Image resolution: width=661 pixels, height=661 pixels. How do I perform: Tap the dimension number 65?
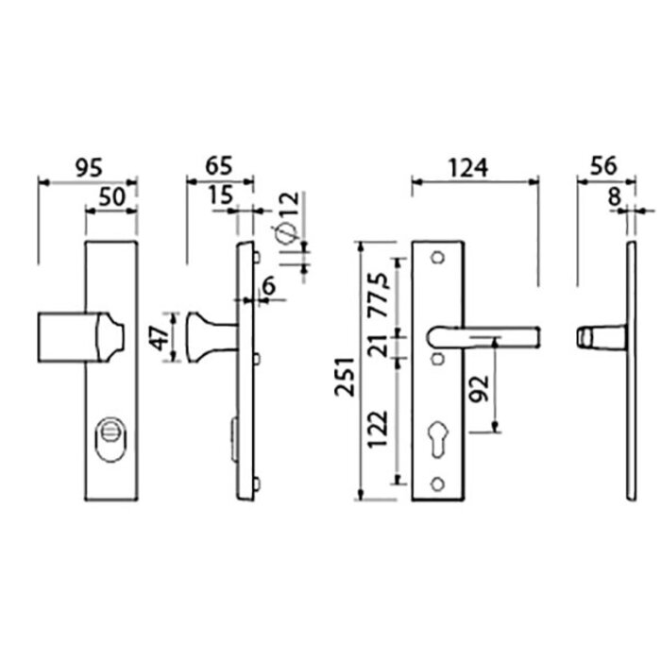click(x=218, y=167)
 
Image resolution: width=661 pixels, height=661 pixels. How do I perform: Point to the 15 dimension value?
click(x=220, y=195)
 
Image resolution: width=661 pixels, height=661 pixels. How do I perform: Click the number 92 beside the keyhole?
click(x=479, y=388)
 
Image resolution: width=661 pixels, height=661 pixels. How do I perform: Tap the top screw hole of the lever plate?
click(x=437, y=258)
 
